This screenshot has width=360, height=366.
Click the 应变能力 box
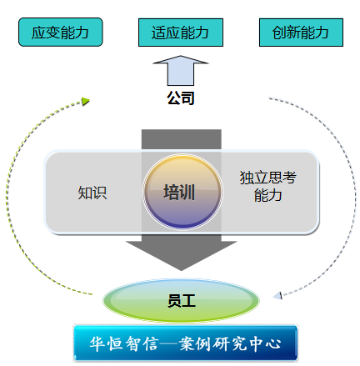coord(61,32)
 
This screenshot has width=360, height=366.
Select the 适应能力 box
coord(181,33)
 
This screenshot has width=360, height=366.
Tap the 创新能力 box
coord(301,33)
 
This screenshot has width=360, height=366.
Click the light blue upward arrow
coord(181,71)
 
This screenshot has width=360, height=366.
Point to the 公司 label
coord(181,98)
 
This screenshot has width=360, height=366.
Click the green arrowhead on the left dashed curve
coord(86,101)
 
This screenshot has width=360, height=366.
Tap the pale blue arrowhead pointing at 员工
coord(277,295)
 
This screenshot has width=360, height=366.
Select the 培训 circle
coord(182,192)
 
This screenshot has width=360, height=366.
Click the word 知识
coord(92,193)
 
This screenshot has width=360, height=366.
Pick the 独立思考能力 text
coord(268,186)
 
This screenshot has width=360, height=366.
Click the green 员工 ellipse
coord(181,300)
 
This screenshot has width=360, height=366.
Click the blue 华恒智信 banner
coord(185,343)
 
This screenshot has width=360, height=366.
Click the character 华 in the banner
coord(97,344)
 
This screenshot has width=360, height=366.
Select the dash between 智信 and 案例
coord(169,343)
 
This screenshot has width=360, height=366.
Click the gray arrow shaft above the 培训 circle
coord(182,139)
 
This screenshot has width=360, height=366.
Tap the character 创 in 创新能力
coord(279,33)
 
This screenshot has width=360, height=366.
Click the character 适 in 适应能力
coord(159,33)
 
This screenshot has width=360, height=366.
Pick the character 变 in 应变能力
coord(53,33)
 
